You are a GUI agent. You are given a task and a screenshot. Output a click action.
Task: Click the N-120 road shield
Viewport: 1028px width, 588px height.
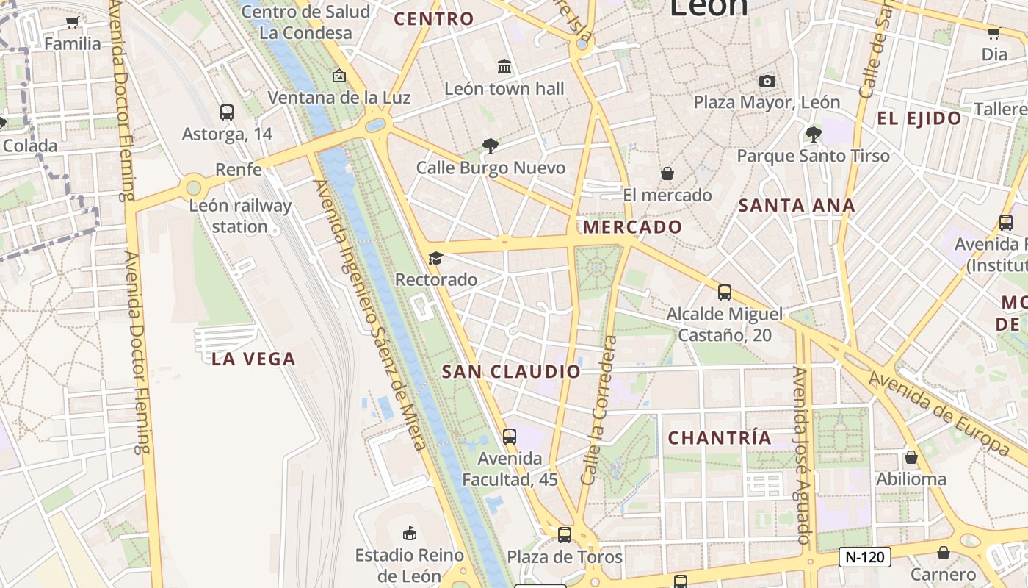tap(865, 557)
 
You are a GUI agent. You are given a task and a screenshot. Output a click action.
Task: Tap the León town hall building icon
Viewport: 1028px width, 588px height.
tap(504, 67)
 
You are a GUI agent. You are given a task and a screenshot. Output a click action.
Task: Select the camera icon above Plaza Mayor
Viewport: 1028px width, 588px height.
tap(767, 81)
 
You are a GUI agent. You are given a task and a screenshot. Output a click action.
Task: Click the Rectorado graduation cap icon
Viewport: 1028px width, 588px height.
tap(435, 258)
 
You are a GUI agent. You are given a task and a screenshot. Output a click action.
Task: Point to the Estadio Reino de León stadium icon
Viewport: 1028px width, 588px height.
tap(410, 533)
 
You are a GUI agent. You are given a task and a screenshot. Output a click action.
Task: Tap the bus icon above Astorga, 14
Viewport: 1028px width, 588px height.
tap(227, 112)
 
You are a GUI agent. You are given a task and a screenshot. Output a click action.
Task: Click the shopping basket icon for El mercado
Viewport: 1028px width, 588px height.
tap(667, 173)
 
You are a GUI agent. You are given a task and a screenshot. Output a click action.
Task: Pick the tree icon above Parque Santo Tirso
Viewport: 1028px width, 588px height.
tap(813, 134)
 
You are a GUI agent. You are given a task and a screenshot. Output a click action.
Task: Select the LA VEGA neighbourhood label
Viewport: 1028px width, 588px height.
tap(253, 359)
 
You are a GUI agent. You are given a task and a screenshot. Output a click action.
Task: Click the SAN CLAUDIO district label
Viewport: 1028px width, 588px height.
tap(511, 372)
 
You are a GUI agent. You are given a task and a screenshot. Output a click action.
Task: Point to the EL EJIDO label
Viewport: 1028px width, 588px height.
tap(919, 118)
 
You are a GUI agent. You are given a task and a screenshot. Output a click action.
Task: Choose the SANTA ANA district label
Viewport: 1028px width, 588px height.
tap(797, 206)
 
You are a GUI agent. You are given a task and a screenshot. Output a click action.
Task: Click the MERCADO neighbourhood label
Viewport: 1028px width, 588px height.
tap(633, 227)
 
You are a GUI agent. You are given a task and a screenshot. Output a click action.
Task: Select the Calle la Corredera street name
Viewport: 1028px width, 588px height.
tap(598, 410)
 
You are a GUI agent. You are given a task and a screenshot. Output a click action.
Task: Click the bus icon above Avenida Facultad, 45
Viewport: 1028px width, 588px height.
tap(510, 437)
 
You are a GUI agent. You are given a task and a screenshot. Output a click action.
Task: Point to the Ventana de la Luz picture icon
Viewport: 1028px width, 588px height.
tap(339, 76)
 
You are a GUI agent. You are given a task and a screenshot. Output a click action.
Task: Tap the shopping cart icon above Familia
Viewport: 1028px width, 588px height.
tap(72, 22)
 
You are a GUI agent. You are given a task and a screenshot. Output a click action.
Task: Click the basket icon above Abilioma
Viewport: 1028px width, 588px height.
tap(911, 457)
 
